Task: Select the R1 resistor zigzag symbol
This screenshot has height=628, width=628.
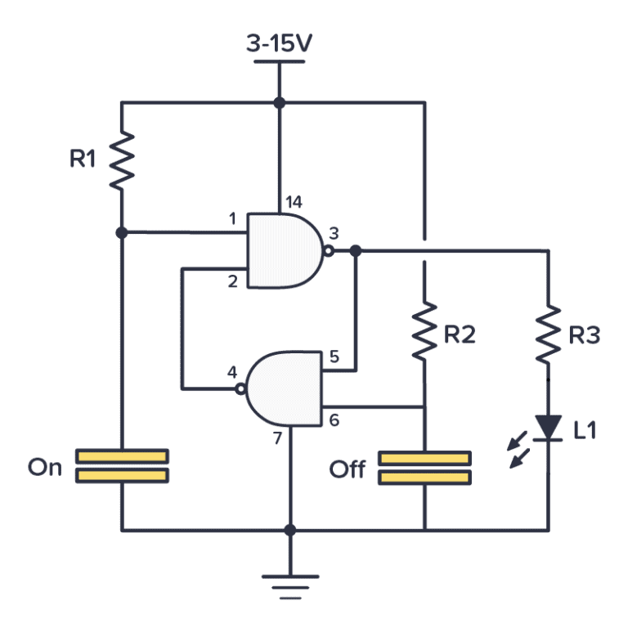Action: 121,159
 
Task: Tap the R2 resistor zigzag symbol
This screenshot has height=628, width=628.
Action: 424,331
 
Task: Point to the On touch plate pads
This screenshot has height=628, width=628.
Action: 121,466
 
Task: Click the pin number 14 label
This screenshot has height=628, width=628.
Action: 293,202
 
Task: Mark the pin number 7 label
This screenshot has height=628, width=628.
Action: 277,438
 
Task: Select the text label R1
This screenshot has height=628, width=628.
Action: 83,159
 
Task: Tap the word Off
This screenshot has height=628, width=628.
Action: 348,469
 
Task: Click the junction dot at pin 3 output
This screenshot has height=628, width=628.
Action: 356,251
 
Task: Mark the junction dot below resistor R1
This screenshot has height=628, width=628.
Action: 121,232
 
